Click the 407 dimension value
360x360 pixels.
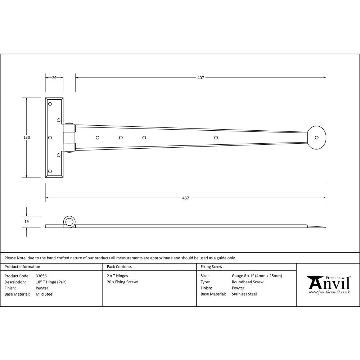(201, 77)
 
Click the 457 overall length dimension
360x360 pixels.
(185, 198)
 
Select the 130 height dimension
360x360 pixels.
(27, 138)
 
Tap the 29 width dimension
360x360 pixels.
(54, 77)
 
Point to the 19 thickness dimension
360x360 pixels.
(27, 222)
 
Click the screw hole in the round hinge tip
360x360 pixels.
(317, 138)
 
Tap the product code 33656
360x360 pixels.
(41, 276)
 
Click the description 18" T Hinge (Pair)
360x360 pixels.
(51, 282)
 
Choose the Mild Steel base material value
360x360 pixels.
(45, 294)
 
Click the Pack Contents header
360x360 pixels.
(119, 267)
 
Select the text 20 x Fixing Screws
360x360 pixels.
(122, 282)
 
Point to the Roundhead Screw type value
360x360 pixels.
(247, 282)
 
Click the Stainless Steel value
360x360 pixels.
(244, 294)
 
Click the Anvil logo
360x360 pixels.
(328, 283)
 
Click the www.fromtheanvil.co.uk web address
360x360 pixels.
(329, 292)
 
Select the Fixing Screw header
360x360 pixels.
(211, 267)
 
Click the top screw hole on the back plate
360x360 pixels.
(50, 104)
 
